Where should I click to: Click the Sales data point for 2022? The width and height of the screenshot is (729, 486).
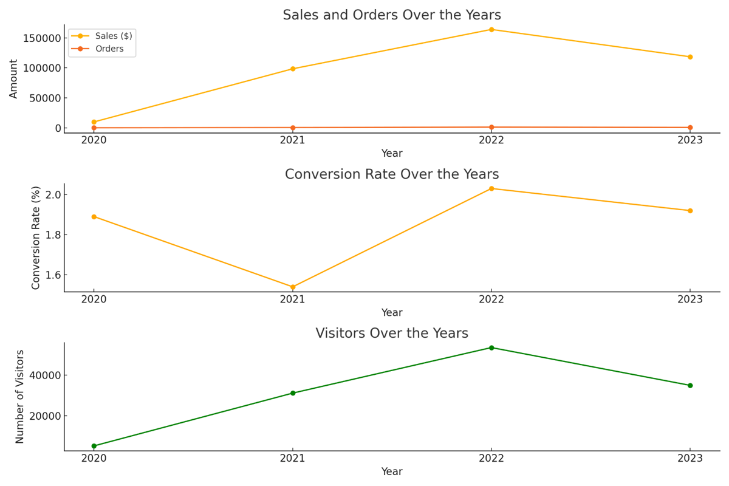pyautogui.click(x=491, y=29)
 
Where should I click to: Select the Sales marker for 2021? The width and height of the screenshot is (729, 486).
pyautogui.click(x=293, y=69)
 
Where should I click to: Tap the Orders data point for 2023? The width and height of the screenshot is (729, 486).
pyautogui.click(x=690, y=128)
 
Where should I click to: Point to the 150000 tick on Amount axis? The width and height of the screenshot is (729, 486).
pyautogui.click(x=41, y=38)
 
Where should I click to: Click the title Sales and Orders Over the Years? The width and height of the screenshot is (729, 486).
pyautogui.click(x=392, y=15)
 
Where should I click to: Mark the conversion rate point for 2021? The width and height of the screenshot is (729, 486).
pyautogui.click(x=293, y=287)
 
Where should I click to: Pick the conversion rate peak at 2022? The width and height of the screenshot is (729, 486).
pyautogui.click(x=491, y=188)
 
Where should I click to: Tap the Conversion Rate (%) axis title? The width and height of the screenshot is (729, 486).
pyautogui.click(x=36, y=238)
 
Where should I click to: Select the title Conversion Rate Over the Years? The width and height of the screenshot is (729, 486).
pyautogui.click(x=392, y=174)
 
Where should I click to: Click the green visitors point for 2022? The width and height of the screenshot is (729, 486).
pyautogui.click(x=491, y=347)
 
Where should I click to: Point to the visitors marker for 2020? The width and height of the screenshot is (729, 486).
pyautogui.click(x=94, y=446)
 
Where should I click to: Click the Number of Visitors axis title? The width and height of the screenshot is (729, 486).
pyautogui.click(x=20, y=396)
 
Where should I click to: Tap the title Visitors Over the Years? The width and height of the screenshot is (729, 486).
pyautogui.click(x=392, y=334)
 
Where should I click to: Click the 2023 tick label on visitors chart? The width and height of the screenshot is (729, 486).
pyautogui.click(x=690, y=458)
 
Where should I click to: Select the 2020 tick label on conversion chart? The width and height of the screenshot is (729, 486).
pyautogui.click(x=94, y=299)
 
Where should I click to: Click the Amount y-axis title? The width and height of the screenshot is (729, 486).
pyautogui.click(x=14, y=78)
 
